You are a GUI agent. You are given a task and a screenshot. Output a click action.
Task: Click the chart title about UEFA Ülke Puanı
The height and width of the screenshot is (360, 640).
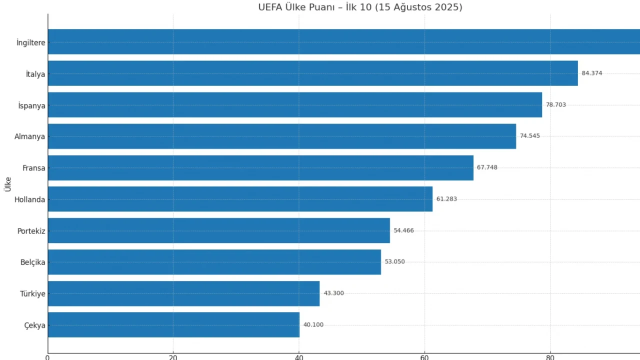click(360, 7)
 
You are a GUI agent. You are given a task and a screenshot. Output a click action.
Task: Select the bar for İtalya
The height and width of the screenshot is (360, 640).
click(312, 73)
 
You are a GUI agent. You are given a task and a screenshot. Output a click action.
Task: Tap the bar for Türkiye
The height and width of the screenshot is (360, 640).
click(183, 293)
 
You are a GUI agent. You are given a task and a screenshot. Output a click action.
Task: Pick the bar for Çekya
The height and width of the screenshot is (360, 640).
click(173, 325)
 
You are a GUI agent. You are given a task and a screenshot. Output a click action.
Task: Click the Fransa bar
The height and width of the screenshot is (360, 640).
click(260, 168)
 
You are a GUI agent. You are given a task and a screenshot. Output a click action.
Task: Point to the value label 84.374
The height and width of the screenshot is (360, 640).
click(592, 73)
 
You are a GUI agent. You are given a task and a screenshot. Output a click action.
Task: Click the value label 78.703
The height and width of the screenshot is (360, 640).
click(556, 105)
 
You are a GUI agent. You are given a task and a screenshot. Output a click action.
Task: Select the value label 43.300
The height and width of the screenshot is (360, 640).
click(333, 293)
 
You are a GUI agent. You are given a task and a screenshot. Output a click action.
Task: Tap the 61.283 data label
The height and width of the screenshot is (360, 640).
click(446, 199)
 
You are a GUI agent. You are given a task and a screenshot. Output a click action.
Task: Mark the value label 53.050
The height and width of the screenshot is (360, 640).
click(394, 262)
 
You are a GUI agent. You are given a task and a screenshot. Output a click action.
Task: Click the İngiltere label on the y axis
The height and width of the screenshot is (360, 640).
click(30, 43)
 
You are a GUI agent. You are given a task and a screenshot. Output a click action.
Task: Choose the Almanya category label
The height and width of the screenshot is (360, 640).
click(29, 136)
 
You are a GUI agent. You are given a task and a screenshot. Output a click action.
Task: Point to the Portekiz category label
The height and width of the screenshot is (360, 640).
click(31, 231)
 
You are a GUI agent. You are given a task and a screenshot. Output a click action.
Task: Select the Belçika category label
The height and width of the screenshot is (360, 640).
click(32, 262)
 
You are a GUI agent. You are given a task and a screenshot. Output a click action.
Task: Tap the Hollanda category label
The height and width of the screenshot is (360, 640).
click(29, 199)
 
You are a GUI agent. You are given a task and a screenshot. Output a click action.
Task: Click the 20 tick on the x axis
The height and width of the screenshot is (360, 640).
click(173, 357)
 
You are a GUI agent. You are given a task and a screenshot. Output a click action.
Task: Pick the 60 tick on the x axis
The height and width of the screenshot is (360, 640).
click(424, 357)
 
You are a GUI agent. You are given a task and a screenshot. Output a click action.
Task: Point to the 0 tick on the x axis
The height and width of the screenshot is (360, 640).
click(47, 357)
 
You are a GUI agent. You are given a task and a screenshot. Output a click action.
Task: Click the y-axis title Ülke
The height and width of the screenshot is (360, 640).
click(7, 184)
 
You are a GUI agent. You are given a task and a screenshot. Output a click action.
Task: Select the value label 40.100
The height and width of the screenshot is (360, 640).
click(313, 325)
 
